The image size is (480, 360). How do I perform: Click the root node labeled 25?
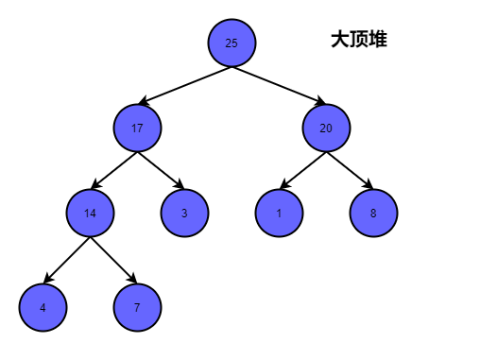click(x=231, y=43)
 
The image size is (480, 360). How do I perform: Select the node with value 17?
click(x=137, y=128)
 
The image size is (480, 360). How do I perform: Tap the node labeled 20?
click(x=326, y=128)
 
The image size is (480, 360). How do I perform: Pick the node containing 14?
click(x=90, y=213)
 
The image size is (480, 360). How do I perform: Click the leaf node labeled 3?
click(x=184, y=213)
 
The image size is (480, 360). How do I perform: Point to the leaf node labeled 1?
click(x=279, y=213)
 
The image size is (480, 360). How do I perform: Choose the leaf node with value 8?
click(x=373, y=213)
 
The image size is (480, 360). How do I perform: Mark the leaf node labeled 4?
click(x=43, y=307)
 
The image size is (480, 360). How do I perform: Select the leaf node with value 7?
click(x=137, y=307)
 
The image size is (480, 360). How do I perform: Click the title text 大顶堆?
click(x=358, y=40)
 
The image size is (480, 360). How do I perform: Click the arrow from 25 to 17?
click(x=184, y=85)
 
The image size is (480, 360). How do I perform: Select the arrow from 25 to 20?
click(x=279, y=85)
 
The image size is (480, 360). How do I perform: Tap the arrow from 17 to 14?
click(x=113, y=170)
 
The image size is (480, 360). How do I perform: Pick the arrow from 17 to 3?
click(x=161, y=170)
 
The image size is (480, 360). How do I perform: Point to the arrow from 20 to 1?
click(x=302, y=170)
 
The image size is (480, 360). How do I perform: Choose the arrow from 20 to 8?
click(x=350, y=170)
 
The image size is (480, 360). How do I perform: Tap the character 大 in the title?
click(x=340, y=40)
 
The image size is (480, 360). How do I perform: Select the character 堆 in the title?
click(x=377, y=40)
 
